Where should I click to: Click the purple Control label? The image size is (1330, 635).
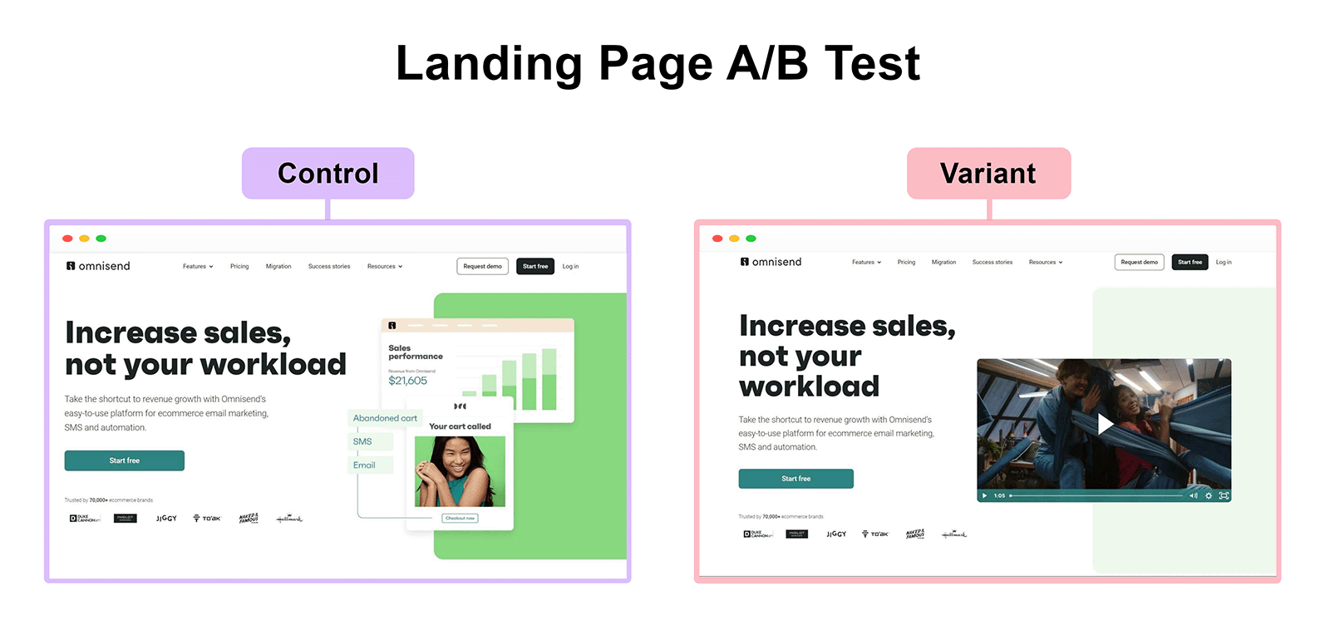coord(328,173)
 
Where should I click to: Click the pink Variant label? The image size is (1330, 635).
coord(988,173)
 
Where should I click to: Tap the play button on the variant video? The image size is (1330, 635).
coord(1104,424)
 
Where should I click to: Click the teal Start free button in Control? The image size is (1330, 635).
coord(125,460)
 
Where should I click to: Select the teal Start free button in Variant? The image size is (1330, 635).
coord(796,479)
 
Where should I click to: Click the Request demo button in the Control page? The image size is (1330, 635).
coord(482,266)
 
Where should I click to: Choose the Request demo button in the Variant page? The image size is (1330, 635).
coord(1139,262)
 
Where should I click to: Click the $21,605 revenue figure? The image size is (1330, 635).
coord(407,381)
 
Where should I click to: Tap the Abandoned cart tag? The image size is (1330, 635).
coord(385,418)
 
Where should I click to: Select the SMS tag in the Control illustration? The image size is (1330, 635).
coord(363,441)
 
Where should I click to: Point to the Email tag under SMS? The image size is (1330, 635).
coord(364,465)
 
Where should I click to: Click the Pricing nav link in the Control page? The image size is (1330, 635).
coord(239,266)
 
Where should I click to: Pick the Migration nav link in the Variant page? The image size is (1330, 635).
coord(943,262)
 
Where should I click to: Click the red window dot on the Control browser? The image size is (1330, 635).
coord(67,239)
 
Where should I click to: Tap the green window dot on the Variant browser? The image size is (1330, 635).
coord(751,239)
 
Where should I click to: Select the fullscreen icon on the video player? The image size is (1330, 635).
coord(1224,495)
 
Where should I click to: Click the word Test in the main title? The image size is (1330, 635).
coord(872,63)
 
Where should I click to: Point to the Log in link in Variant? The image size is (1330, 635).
coord(1224,262)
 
